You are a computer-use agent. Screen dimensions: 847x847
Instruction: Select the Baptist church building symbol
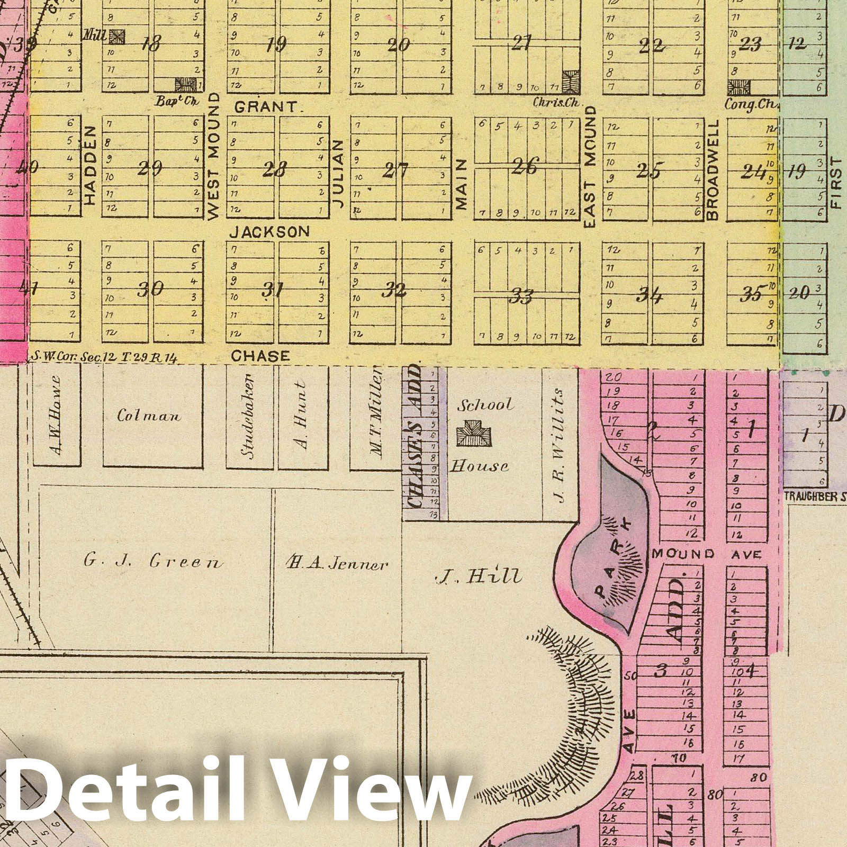[x=186, y=84]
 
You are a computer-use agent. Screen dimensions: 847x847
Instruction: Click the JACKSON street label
[x=270, y=231]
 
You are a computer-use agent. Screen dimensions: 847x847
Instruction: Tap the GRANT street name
[x=266, y=107]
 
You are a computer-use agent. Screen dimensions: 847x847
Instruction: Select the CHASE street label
[x=260, y=356]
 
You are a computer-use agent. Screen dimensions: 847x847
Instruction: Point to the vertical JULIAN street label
[x=339, y=173]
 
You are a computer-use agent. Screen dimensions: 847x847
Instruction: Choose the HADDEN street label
[x=90, y=165]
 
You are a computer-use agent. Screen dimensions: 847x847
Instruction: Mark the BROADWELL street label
[x=713, y=169]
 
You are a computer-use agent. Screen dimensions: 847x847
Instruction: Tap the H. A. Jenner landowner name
[x=336, y=564]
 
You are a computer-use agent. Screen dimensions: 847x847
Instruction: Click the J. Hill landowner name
[x=479, y=576]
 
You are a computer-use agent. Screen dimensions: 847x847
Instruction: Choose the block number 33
[x=520, y=297]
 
